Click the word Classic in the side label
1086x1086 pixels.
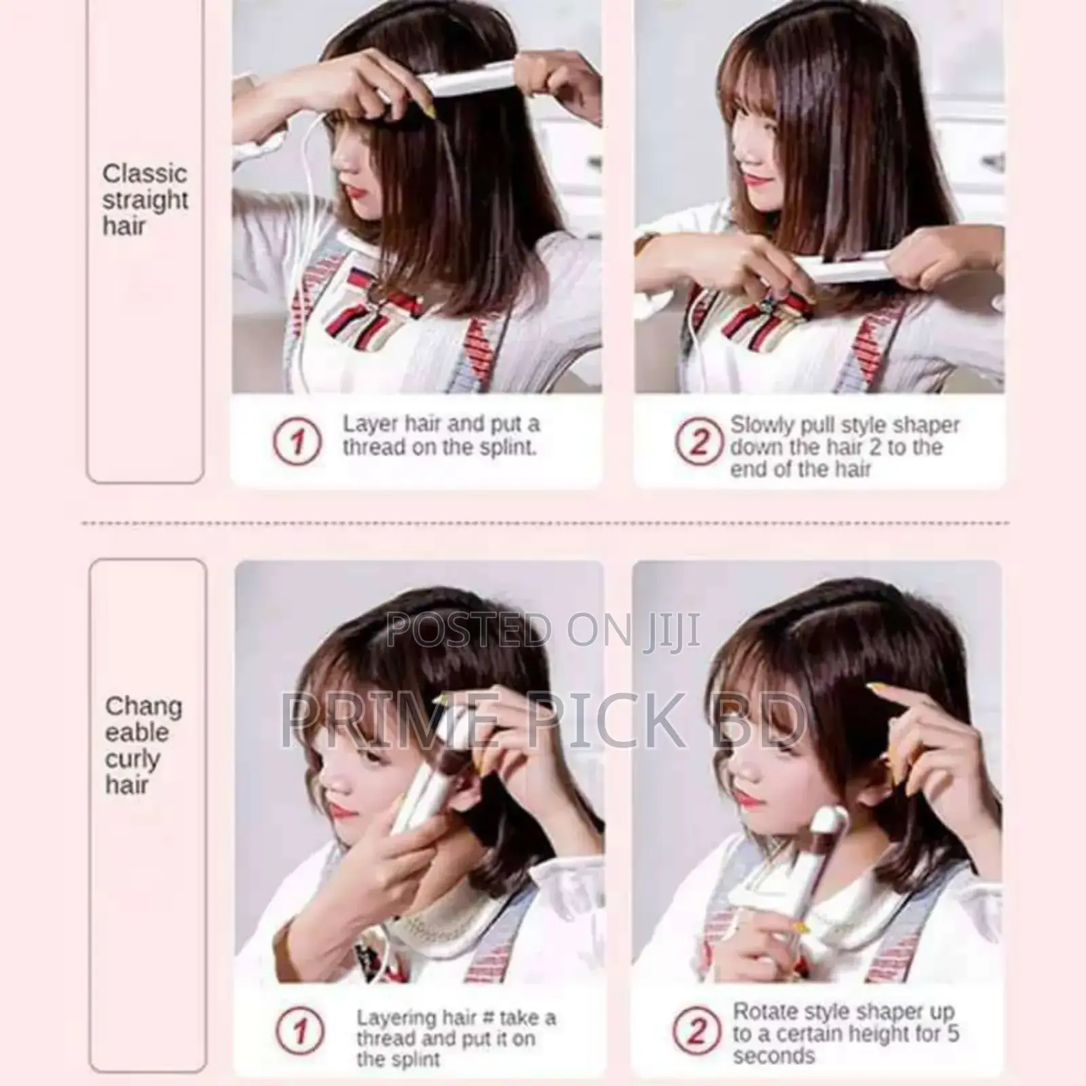coord(144,174)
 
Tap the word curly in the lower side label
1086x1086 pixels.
coord(132,759)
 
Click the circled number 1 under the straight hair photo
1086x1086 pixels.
coord(297,442)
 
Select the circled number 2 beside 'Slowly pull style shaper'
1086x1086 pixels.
coord(698,442)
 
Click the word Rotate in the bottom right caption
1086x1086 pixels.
coord(767,1011)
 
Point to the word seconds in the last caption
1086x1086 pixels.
coord(774,1056)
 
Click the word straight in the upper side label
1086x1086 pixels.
coord(145,200)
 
